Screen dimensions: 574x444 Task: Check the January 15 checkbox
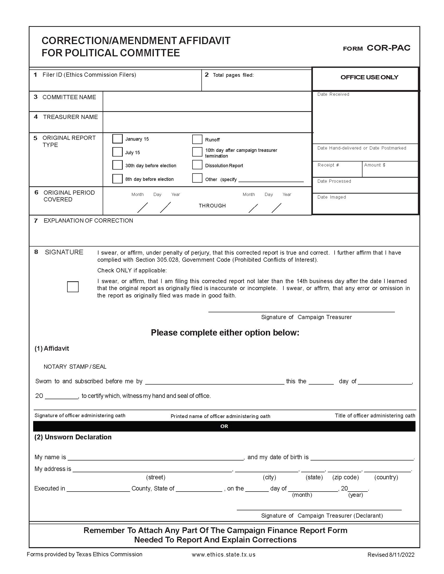pos(117,139)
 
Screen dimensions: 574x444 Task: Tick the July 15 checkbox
pos(117,152)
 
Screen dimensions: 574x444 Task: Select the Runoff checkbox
pos(197,139)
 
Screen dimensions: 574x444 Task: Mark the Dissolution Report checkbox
pos(197,165)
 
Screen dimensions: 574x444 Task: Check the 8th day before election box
pos(117,179)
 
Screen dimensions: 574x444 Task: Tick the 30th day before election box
pos(117,165)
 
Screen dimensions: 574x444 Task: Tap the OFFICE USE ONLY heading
pos(369,77)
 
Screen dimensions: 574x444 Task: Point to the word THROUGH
pos(212,206)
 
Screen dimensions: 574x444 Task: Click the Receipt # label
pos(328,165)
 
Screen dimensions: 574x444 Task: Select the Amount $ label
pos(375,165)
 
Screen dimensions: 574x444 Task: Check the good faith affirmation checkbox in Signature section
pos(73,287)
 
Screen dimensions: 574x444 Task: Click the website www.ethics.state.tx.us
pos(223,554)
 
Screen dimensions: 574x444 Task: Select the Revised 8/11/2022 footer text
pos(391,555)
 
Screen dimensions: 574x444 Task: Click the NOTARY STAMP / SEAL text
pos(75,367)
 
